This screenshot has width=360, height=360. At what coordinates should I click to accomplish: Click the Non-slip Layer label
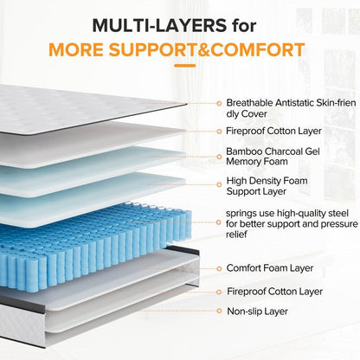258,310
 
